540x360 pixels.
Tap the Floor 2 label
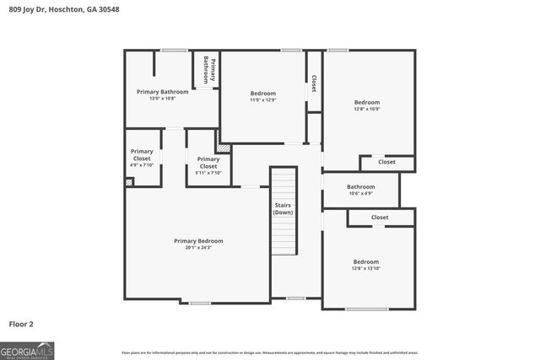coord(21,323)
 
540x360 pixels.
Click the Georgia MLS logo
coord(27,350)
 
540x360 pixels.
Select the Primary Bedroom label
coord(198,241)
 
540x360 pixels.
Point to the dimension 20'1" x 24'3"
coord(198,248)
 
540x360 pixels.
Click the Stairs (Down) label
coord(283,208)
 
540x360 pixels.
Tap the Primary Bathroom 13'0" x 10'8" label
coord(163,95)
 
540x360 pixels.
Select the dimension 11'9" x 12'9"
coord(262,100)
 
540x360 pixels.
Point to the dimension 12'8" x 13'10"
coord(366,269)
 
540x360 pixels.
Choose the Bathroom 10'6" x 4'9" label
coord(360,190)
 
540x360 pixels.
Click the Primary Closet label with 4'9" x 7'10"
coord(142,159)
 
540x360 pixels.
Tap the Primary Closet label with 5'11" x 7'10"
coord(208,163)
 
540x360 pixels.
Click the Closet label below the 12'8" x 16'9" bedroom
coord(386,162)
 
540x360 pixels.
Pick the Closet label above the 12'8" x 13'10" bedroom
coord(380,218)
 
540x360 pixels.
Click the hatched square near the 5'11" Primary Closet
coord(224,148)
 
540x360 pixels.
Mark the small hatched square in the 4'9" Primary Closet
coord(128,181)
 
